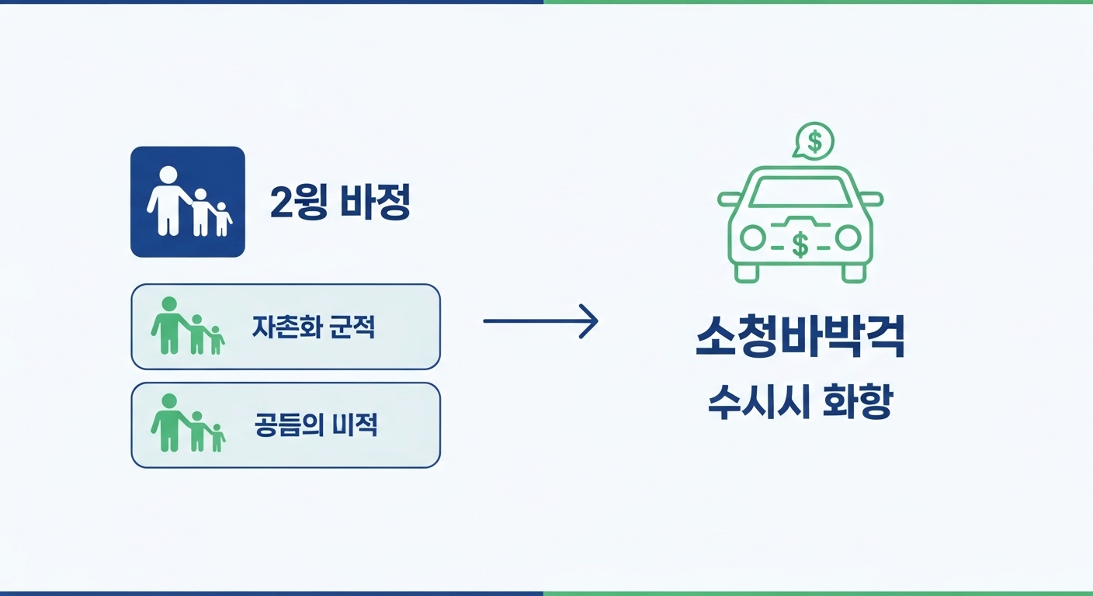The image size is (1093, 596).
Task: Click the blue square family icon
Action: click(x=187, y=202)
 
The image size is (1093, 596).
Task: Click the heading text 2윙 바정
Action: click(x=339, y=202)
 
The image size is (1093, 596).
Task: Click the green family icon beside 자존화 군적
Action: click(x=187, y=327)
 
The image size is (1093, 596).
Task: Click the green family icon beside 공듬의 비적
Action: click(x=187, y=424)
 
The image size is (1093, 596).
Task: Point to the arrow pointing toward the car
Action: click(x=540, y=321)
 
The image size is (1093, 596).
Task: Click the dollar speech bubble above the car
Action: click(x=814, y=141)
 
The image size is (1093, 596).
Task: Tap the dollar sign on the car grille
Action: click(x=800, y=245)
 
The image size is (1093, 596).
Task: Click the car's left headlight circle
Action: click(x=752, y=238)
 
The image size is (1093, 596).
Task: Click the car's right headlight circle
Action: click(x=848, y=238)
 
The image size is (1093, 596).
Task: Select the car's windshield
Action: click(x=800, y=192)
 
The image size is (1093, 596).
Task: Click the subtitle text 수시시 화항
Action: click(x=800, y=404)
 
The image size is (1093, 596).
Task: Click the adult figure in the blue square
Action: click(x=168, y=200)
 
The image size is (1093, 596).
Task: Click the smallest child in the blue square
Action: click(x=222, y=219)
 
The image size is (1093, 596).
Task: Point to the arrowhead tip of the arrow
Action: click(x=597, y=321)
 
